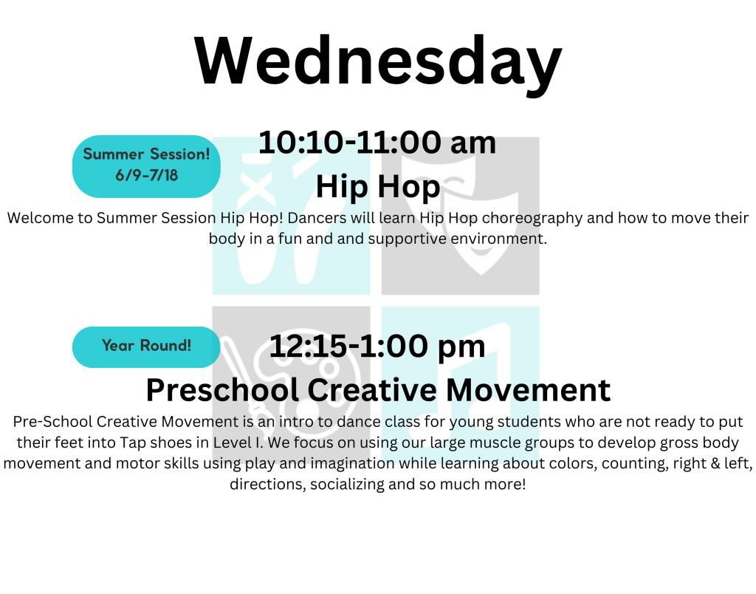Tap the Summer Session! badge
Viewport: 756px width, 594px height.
coord(147,166)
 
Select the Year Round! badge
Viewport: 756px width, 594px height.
coord(147,347)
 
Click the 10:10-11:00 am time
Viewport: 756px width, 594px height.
coord(377,143)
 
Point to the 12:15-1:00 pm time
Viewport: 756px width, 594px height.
coord(377,346)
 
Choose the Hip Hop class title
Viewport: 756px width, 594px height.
coord(378,187)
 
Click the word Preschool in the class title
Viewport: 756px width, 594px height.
coord(222,390)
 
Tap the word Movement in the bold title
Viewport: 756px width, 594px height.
coord(528,390)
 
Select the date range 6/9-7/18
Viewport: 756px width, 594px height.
coord(147,175)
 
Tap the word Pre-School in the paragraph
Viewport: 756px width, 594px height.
coord(52,422)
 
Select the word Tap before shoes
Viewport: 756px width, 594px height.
coord(133,443)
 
